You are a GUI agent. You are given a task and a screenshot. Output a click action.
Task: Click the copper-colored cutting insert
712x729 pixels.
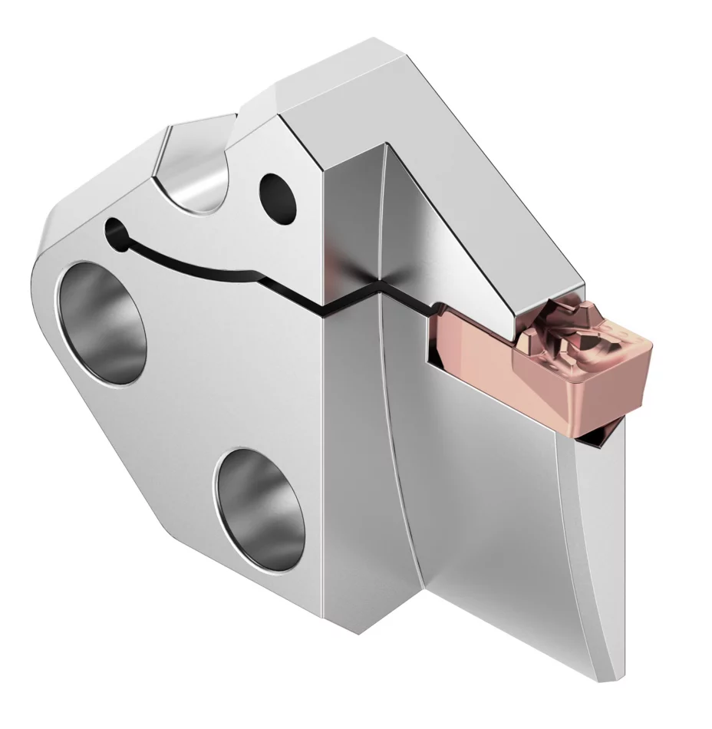(x=537, y=368)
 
